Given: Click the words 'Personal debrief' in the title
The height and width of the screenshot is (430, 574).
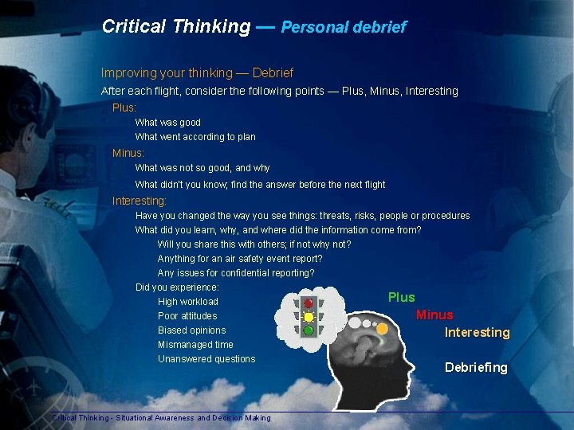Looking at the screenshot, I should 344,27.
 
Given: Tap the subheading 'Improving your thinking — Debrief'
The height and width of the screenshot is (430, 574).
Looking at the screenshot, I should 197,72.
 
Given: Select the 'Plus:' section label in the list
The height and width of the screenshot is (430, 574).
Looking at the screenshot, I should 124,107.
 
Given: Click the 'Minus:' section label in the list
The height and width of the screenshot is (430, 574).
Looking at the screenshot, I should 128,153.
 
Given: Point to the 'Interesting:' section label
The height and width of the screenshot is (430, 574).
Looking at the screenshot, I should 140,201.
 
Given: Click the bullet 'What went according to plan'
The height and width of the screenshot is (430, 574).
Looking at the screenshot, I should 195,137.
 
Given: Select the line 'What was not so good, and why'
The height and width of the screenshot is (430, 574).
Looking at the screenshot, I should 202,168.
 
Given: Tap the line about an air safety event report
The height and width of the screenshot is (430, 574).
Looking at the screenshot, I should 240,259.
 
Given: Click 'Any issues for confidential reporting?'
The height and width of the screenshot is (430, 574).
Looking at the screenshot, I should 236,273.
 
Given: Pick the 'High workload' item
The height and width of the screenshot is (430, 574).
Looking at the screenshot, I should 188,302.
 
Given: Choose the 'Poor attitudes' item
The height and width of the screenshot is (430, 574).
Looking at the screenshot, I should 187,316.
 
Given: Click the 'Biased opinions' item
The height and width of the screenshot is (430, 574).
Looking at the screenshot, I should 191,330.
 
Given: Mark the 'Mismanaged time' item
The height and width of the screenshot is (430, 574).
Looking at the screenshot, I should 195,345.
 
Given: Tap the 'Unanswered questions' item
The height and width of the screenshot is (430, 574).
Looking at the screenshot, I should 206,359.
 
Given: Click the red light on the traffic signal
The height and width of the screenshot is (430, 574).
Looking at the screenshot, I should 309,303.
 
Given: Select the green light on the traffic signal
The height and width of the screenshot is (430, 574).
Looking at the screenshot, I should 309,330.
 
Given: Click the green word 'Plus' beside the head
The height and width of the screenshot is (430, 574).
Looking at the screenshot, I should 401,297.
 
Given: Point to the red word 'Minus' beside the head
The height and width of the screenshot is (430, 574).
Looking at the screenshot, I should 434,315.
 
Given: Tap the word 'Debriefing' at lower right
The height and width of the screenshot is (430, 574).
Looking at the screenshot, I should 476,367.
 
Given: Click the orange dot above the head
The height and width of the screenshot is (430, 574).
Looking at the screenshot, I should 383,328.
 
